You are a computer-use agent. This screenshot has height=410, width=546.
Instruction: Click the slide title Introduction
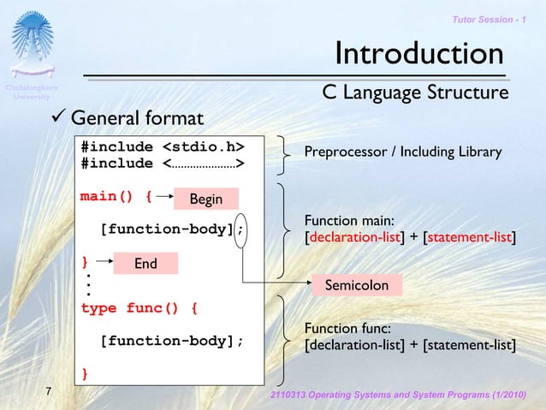coord(418,54)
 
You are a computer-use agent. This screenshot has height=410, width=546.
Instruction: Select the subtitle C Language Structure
coord(415,92)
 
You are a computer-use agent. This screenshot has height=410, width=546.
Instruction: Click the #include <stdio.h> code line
coord(161,146)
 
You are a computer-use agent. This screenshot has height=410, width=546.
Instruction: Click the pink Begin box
coord(205,199)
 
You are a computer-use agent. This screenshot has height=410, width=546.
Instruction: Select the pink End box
coord(145,264)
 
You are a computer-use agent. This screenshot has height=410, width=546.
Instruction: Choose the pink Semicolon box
coord(355,285)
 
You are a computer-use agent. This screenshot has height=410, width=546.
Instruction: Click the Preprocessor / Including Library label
coord(402,152)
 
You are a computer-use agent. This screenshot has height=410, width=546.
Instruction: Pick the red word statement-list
coord(470,236)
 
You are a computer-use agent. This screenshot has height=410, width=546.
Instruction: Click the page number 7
coord(49,392)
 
